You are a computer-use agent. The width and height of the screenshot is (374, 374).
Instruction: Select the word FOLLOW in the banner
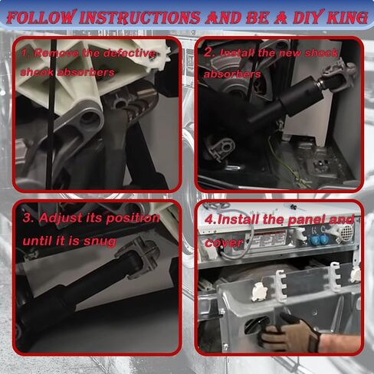pos(41,18)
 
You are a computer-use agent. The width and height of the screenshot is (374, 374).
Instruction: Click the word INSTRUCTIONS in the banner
pos(140,18)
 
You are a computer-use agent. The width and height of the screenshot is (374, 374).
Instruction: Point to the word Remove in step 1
pos(57,53)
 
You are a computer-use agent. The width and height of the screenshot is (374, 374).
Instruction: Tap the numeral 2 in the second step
pos(208,53)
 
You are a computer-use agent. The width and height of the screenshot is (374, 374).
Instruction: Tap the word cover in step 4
pos(224,243)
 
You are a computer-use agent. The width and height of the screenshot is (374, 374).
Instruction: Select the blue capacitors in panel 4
pos(318,239)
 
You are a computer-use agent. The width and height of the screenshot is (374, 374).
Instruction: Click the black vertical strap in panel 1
pos(53,115)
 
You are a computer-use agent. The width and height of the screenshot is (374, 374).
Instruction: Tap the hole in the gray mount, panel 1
pos(88,118)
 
